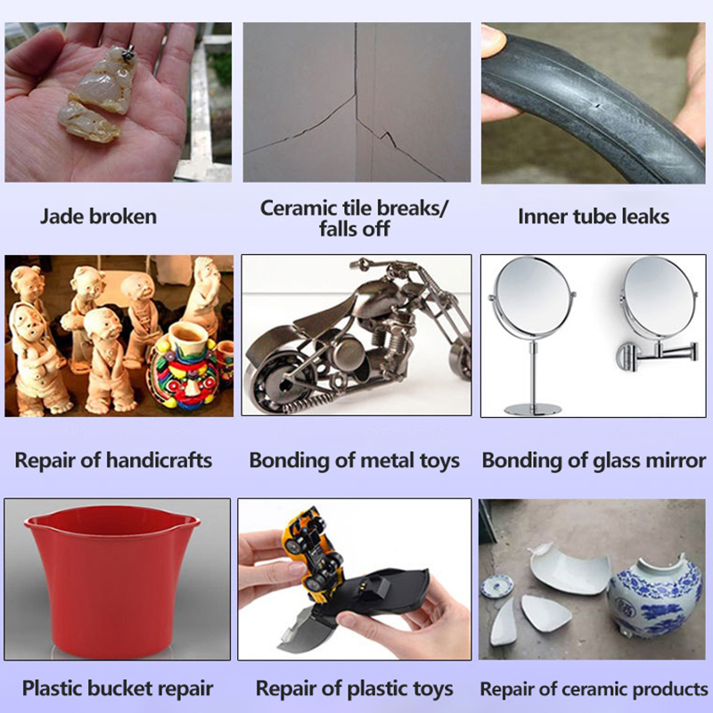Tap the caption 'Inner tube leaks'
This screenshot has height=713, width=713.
click(594, 217)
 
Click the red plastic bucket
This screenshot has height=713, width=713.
click(112, 577)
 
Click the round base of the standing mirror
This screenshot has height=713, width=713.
click(533, 409)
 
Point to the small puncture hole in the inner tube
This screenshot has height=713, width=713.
click(597, 107)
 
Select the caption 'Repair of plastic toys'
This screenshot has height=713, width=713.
click(354, 689)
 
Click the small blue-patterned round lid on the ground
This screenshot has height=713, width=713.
click(497, 586)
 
